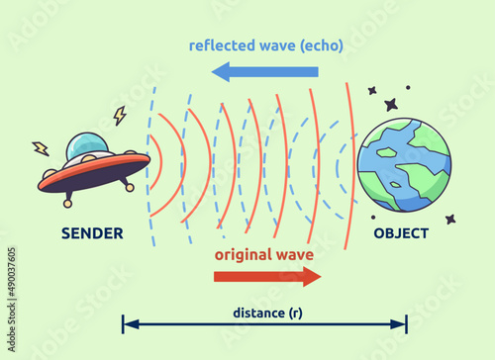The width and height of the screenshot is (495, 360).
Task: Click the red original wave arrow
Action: pyautogui.click(x=268, y=276)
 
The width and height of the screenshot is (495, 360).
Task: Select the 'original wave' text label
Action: pyautogui.click(x=264, y=254)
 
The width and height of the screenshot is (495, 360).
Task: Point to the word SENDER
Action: pyautogui.click(x=92, y=234)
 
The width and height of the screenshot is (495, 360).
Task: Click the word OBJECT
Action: pyautogui.click(x=401, y=234)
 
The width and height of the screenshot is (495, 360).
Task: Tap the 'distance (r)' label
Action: pyautogui.click(x=267, y=314)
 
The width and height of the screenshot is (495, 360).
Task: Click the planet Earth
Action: pyautogui.click(x=403, y=164)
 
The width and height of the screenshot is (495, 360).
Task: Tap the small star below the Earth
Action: pyautogui.click(x=450, y=219)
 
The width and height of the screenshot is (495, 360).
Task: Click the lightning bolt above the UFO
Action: pyautogui.click(x=120, y=116)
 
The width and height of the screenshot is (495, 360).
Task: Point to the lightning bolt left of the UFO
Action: pyautogui.click(x=41, y=149)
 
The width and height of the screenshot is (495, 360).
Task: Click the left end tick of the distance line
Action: pyautogui.click(x=123, y=324)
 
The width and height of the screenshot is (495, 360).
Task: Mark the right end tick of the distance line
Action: pyautogui.click(x=406, y=324)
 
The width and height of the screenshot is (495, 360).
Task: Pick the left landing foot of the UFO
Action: pyautogui.click(x=68, y=203)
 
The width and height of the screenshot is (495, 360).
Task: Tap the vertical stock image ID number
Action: pyautogui.click(x=11, y=288)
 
